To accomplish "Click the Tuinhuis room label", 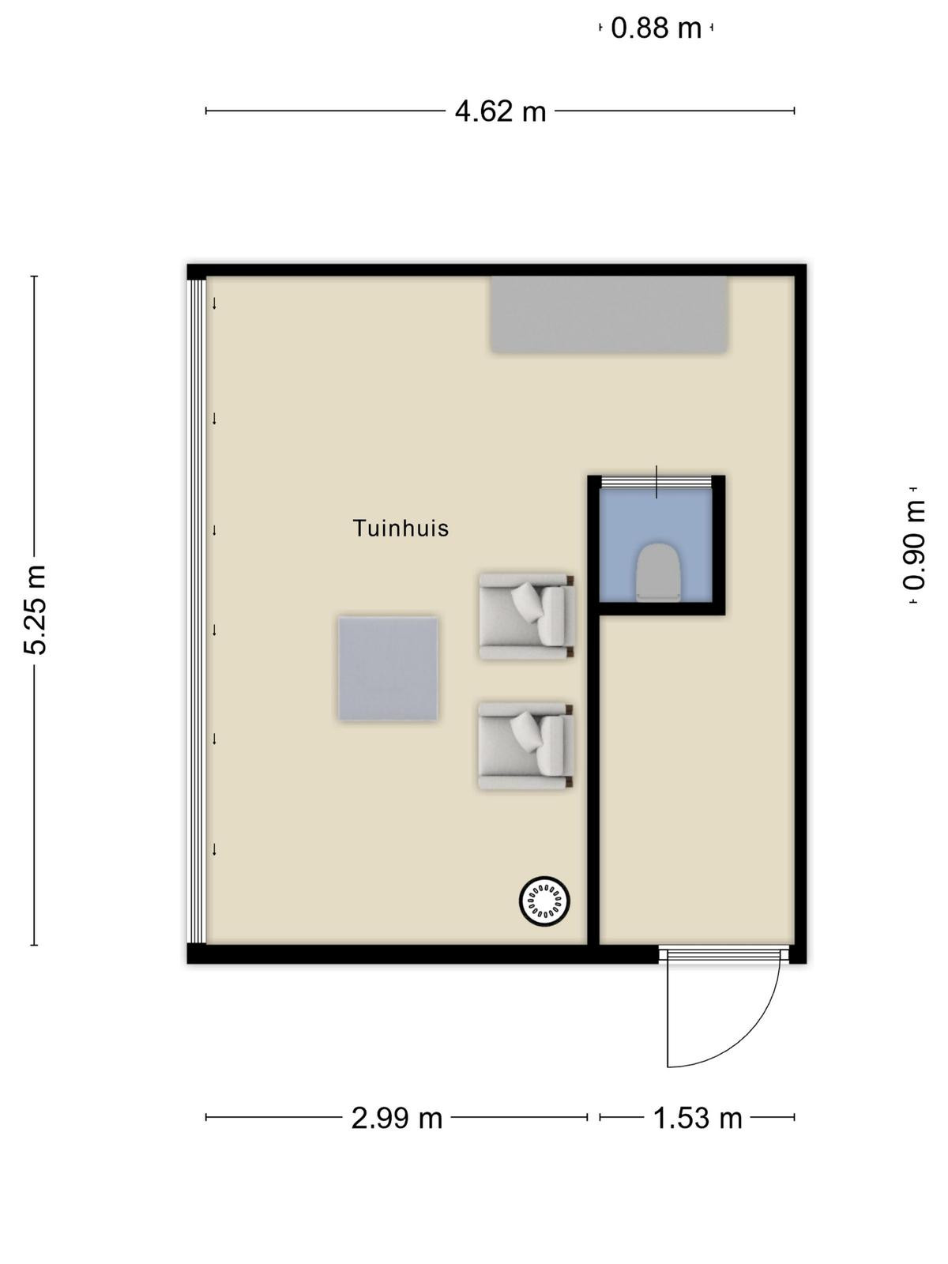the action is (x=400, y=528).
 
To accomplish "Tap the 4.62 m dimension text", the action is (x=500, y=111).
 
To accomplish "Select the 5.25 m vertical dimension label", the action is (x=35, y=610).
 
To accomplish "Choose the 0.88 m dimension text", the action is (x=656, y=28).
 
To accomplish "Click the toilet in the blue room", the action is (x=659, y=570).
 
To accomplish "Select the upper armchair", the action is (x=526, y=615).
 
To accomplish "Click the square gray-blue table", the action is (x=388, y=668).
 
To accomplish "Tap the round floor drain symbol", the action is (x=544, y=901).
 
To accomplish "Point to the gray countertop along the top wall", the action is (x=609, y=314).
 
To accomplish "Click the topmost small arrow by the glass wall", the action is (x=214, y=303).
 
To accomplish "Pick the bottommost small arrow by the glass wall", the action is (x=214, y=849).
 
